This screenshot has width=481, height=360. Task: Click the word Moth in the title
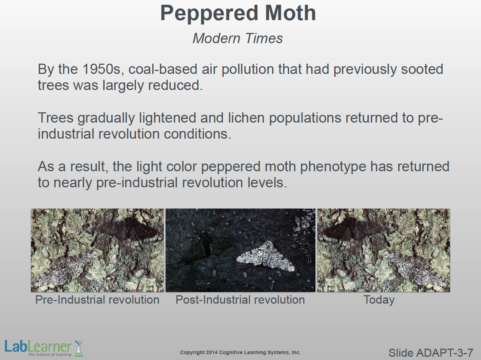[290, 13]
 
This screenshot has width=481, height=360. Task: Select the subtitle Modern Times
[238, 38]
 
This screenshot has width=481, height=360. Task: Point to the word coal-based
[163, 69]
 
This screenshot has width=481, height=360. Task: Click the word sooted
[422, 69]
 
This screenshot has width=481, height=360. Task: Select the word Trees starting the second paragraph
[56, 118]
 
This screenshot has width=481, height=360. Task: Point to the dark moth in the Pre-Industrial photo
[128, 229]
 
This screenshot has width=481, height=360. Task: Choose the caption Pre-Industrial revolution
[97, 300]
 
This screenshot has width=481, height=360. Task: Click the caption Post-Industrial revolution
[240, 300]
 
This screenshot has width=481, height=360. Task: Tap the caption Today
[379, 300]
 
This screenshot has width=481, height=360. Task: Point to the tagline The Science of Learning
[50, 355]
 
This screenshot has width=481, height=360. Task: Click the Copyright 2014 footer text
[240, 353]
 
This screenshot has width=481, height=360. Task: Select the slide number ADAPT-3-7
[444, 353]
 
